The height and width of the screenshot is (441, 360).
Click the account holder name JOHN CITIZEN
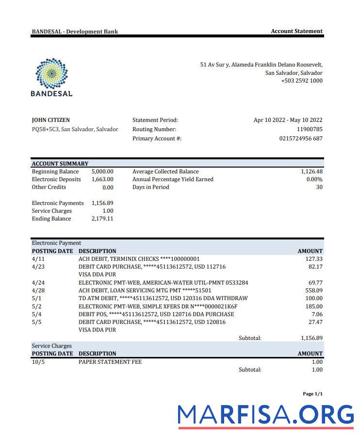click(x=50, y=120)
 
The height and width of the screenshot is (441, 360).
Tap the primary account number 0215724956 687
click(x=301, y=138)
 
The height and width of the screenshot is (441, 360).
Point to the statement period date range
click(x=288, y=120)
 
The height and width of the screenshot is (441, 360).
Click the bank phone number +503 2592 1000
click(x=301, y=81)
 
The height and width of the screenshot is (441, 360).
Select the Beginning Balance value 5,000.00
click(x=102, y=171)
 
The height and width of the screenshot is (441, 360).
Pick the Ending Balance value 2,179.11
click(x=102, y=219)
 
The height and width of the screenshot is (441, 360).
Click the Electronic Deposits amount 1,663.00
click(x=102, y=179)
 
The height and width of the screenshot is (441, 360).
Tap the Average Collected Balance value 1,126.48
click(x=311, y=171)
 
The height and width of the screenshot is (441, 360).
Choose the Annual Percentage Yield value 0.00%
click(x=314, y=179)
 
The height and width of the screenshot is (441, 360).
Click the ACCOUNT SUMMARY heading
click(x=60, y=164)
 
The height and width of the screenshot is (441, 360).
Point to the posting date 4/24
click(x=38, y=282)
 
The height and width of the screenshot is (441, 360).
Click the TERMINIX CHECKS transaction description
click(x=139, y=259)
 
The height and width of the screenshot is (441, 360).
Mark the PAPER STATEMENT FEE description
click(x=110, y=362)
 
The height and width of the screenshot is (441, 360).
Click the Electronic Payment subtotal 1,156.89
click(x=311, y=338)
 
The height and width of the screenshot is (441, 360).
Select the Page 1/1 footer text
click(x=312, y=394)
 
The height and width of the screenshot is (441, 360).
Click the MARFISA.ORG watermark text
click(x=266, y=415)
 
